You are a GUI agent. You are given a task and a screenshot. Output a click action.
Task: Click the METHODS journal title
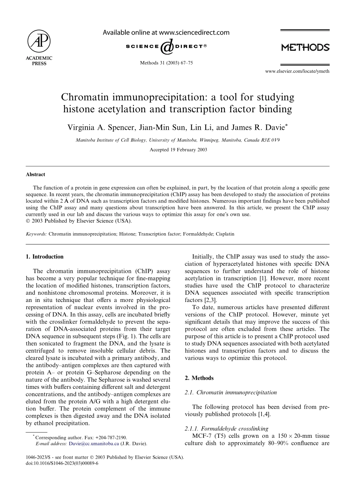pyautogui.click(x=305, y=47)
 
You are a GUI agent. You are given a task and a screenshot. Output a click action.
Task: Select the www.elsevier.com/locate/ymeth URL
pyautogui.click(x=297, y=71)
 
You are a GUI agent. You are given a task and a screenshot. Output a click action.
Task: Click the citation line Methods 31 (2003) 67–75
pyautogui.click(x=166, y=63)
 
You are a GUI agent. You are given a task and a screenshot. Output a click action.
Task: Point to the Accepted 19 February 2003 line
pyautogui.click(x=178, y=150)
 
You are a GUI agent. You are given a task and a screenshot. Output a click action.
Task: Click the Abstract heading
pyautogui.click(x=35, y=174)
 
